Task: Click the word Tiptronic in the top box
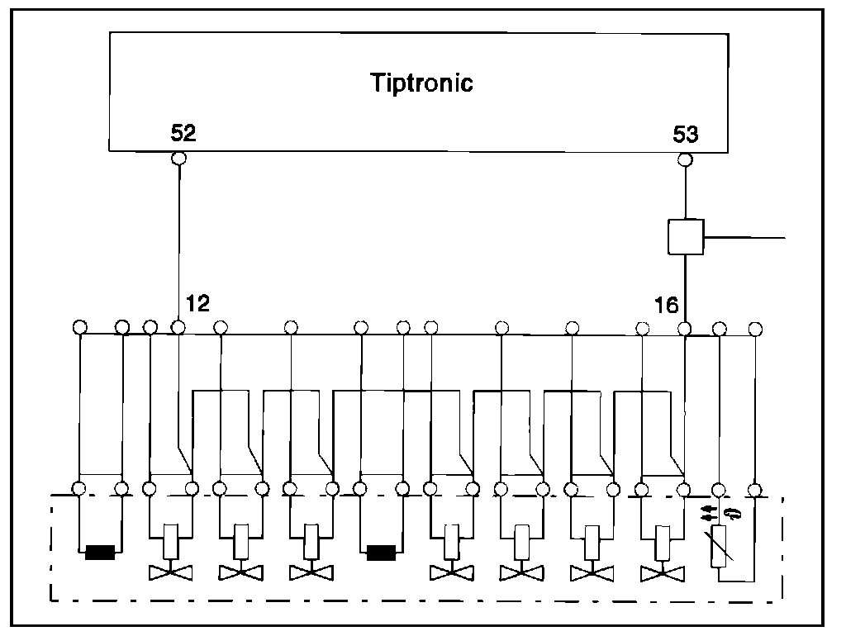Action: tap(421, 83)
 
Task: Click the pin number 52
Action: tap(183, 133)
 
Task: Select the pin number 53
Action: tap(686, 133)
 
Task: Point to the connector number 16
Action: tap(666, 305)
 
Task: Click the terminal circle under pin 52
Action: tap(178, 158)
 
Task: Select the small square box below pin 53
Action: tap(685, 237)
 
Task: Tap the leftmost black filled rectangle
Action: tap(100, 552)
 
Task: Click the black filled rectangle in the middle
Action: tap(382, 552)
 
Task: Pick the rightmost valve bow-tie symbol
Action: tap(662, 572)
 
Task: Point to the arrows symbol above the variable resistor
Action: tap(718, 514)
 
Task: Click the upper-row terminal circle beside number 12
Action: tap(178, 328)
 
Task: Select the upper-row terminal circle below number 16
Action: tap(684, 328)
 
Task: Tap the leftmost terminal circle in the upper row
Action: tap(79, 327)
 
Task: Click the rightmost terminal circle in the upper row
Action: tap(754, 328)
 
